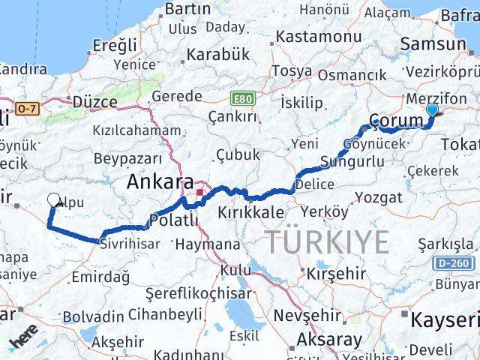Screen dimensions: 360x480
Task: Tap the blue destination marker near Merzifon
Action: point(431,111)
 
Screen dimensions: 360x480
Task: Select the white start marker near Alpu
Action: point(54,199)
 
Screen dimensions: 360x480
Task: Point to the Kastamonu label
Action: point(319,37)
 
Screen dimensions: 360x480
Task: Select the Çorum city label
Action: point(397,120)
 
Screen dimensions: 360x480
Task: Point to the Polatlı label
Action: point(174,220)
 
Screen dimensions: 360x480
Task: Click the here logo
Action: point(25,339)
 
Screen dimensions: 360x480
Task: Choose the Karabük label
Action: point(217,54)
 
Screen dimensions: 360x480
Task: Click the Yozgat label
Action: point(382,198)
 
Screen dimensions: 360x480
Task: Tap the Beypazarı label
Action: point(128,158)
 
